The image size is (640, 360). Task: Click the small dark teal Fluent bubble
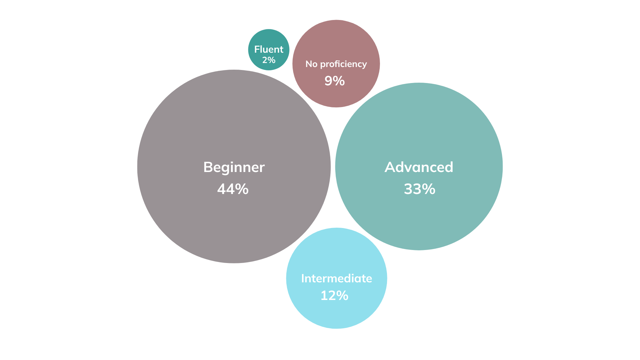(269, 50)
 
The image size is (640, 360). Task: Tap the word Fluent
(269, 49)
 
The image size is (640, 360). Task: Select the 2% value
(269, 60)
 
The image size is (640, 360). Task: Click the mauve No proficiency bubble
(336, 64)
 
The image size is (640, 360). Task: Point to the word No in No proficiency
(311, 64)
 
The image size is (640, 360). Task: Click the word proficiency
(343, 64)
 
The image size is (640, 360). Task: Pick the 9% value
(335, 81)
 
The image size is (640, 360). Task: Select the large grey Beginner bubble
(234, 166)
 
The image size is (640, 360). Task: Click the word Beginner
(234, 167)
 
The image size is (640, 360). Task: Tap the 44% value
(233, 189)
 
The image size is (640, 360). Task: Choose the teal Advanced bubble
(419, 166)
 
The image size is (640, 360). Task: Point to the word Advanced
(419, 167)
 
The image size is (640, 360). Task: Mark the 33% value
(420, 189)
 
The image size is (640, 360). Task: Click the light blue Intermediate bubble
(337, 278)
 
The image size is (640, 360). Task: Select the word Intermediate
(337, 278)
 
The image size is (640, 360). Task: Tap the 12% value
(334, 295)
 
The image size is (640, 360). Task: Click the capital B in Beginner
(208, 167)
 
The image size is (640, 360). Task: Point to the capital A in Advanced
(390, 167)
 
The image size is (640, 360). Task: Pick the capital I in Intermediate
(303, 279)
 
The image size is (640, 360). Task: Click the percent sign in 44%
(242, 189)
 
